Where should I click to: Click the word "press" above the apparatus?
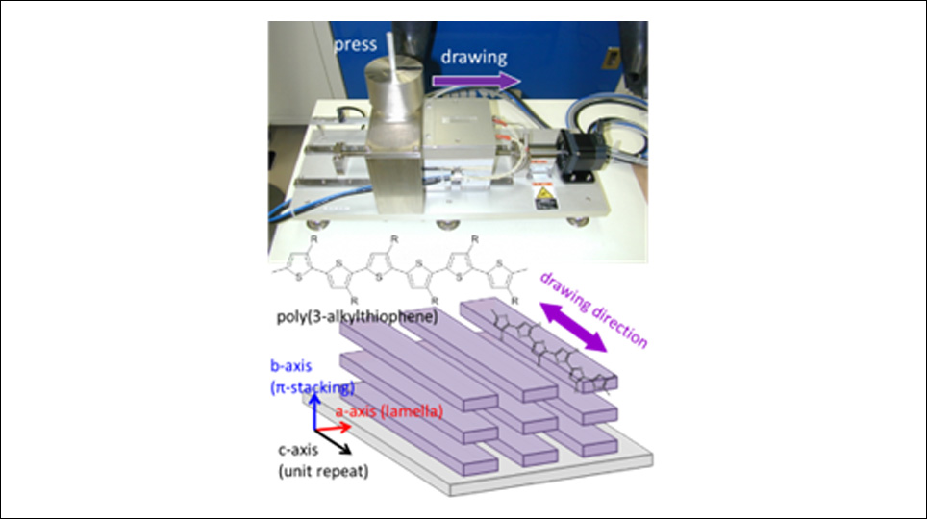click(355, 45)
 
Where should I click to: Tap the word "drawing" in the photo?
click(474, 58)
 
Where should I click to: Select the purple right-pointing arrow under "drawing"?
click(477, 81)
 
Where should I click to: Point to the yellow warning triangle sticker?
click(544, 193)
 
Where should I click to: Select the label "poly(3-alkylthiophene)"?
click(357, 317)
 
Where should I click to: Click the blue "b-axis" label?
click(290, 366)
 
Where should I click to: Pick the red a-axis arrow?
click(333, 427)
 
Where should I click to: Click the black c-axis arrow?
click(333, 440)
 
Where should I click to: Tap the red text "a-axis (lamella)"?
click(389, 411)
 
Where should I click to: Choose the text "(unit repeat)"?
click(323, 471)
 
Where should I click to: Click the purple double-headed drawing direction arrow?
click(573, 327)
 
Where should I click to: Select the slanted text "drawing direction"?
click(594, 309)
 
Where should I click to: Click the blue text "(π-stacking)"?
click(313, 387)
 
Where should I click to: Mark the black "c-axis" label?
click(298, 450)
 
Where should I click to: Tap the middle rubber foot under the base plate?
click(447, 223)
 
